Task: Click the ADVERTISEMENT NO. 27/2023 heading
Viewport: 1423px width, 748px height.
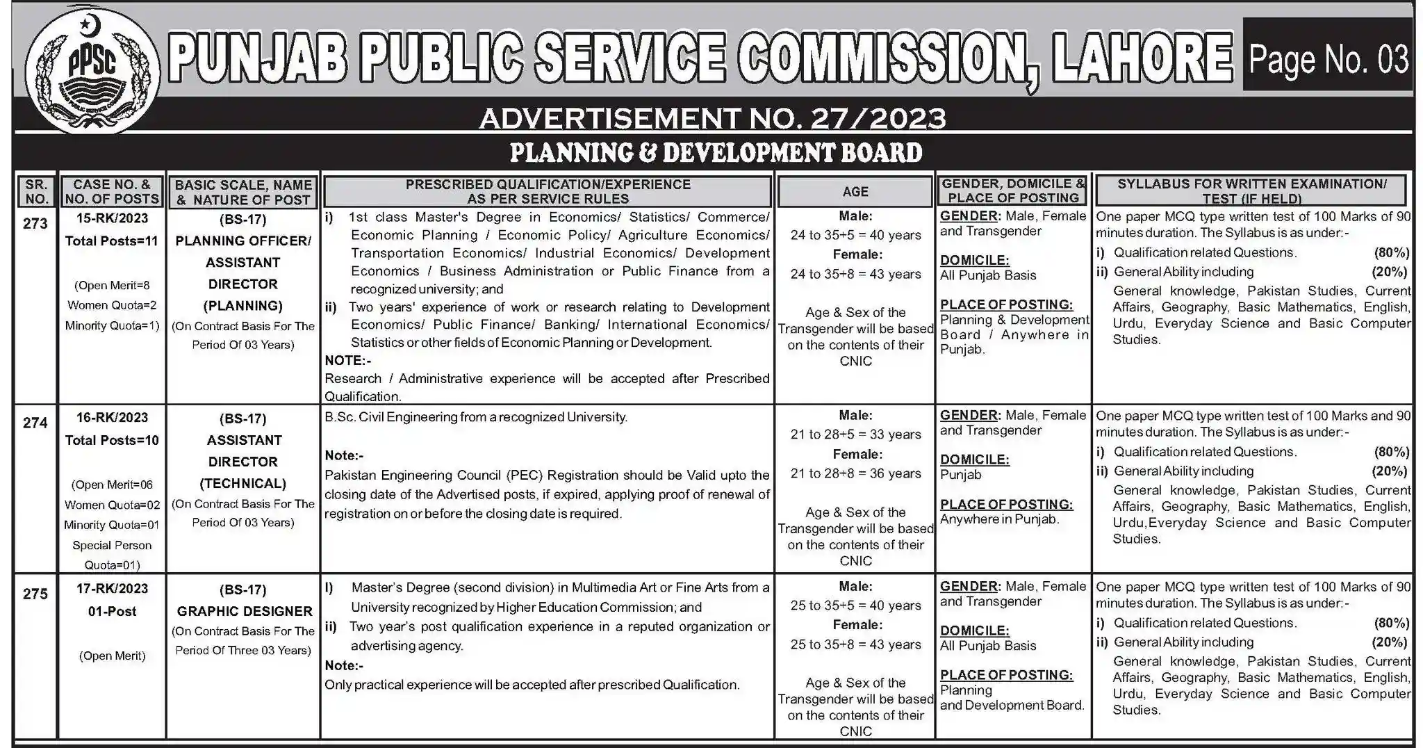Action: tap(712, 119)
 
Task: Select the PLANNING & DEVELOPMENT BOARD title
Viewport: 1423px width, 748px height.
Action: tap(716, 153)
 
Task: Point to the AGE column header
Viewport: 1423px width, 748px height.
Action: tap(855, 192)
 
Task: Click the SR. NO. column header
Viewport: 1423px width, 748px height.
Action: tap(36, 192)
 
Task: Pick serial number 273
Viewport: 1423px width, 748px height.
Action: tap(35, 224)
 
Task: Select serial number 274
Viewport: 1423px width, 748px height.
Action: tap(35, 423)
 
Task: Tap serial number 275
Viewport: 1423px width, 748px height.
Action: tap(35, 594)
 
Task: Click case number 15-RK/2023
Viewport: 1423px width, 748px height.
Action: tap(112, 218)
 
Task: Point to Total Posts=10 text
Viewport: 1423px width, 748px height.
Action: tap(112, 440)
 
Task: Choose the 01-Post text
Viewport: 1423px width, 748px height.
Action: tap(112, 612)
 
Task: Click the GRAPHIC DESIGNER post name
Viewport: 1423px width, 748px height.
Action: tap(244, 612)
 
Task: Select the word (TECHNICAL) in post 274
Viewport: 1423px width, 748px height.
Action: tap(243, 483)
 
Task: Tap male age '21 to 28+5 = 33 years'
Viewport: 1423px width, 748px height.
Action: tap(855, 434)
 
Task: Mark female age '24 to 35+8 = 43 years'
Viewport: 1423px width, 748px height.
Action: tap(855, 274)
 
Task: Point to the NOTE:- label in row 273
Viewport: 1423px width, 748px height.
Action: tap(347, 360)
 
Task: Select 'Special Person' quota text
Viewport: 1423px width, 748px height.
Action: tap(112, 545)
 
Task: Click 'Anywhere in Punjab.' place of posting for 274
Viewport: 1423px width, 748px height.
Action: tap(999, 519)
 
